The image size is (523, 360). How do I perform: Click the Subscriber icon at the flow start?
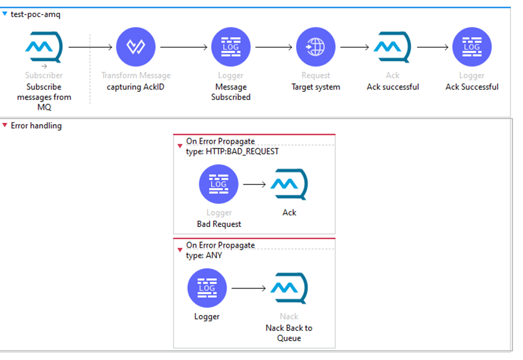(x=44, y=47)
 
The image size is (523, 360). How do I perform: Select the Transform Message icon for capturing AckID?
(x=136, y=47)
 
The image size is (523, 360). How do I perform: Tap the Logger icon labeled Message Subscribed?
(x=231, y=47)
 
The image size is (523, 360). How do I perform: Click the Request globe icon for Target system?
(x=315, y=47)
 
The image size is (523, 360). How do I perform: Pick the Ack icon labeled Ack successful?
(x=393, y=47)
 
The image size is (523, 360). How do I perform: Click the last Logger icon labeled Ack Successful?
(x=472, y=47)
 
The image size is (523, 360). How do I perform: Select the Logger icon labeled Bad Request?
(x=218, y=185)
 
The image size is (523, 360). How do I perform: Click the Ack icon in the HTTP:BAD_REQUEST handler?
(x=289, y=185)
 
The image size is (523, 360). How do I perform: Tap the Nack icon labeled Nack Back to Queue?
(x=289, y=289)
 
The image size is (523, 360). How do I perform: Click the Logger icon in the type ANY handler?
(x=207, y=289)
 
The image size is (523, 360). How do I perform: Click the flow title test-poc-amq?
(x=35, y=14)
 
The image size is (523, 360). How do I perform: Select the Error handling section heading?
(x=36, y=126)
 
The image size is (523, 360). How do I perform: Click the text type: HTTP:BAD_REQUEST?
(x=232, y=151)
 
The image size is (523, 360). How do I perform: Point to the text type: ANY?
(x=204, y=255)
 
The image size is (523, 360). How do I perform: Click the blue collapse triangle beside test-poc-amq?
(x=5, y=14)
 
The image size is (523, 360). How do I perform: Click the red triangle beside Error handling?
(x=5, y=126)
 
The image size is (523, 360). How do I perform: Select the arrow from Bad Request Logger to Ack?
(x=254, y=185)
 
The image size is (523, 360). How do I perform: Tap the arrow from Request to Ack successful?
(x=355, y=47)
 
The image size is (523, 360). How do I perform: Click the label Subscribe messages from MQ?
(x=44, y=97)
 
